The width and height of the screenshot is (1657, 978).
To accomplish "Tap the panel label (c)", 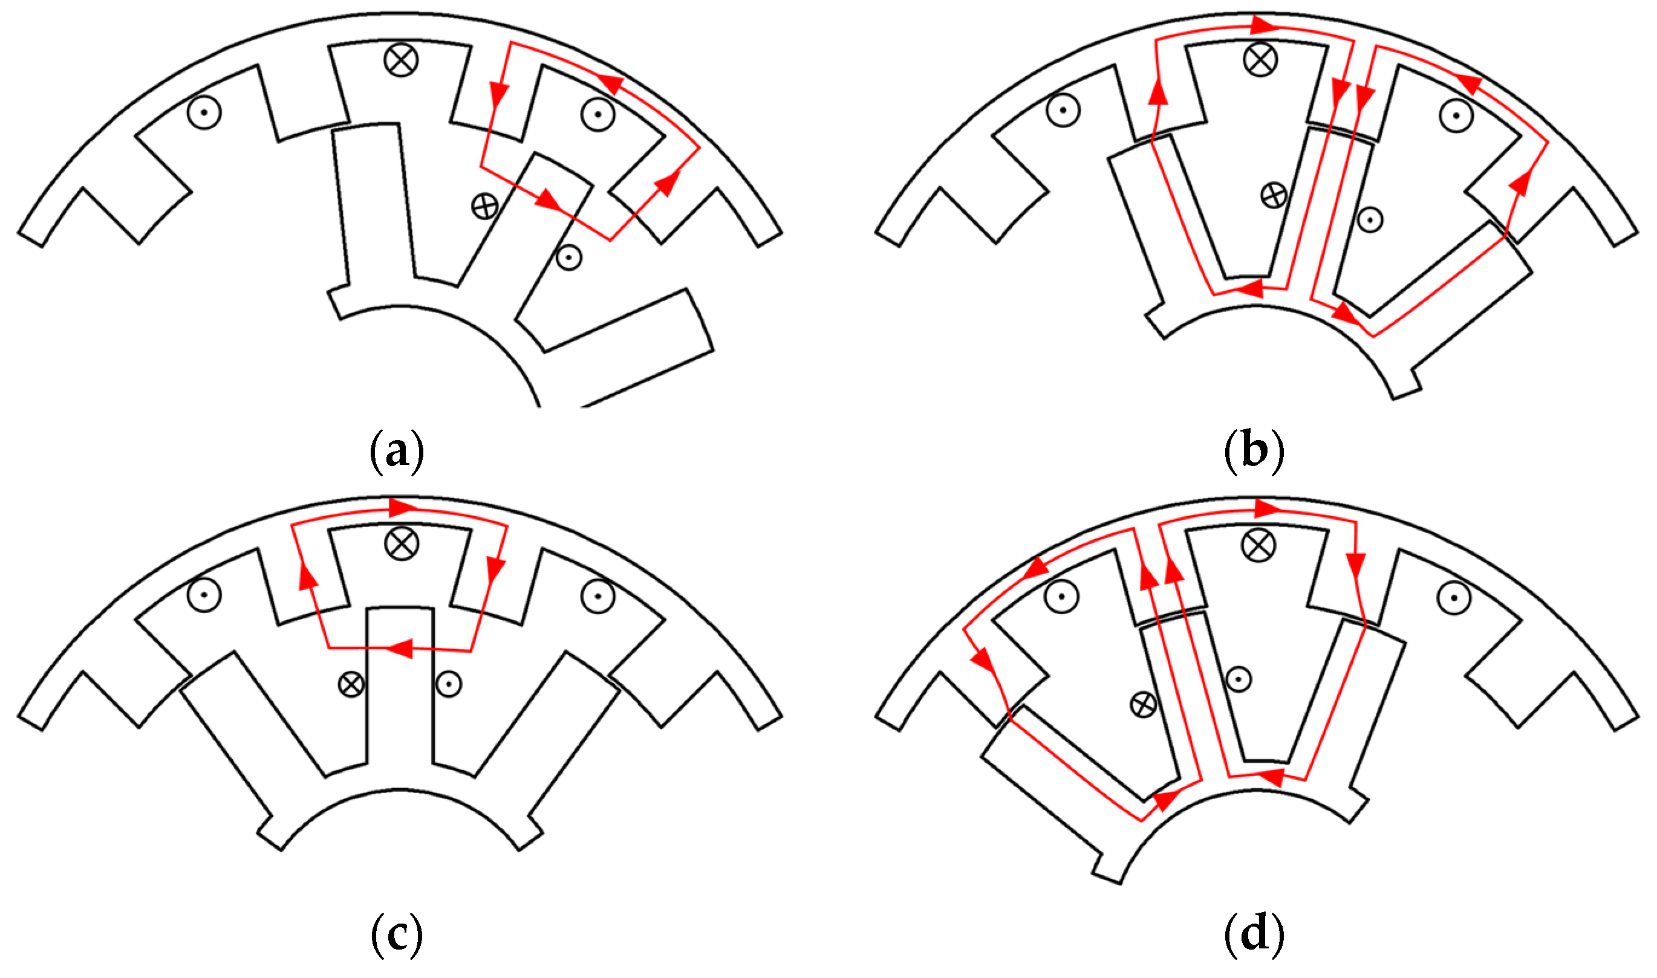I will click(x=396, y=934).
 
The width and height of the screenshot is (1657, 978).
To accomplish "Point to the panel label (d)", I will click(x=1254, y=934).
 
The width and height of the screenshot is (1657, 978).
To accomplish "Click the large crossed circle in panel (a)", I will click(x=401, y=60).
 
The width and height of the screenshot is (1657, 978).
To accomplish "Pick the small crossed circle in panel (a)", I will click(x=485, y=207).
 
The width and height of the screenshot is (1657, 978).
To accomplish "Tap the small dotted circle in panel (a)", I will click(x=569, y=257).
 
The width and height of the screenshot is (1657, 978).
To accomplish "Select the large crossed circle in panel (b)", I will click(x=1260, y=60).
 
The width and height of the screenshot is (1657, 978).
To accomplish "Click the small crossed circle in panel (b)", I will click(x=1273, y=195).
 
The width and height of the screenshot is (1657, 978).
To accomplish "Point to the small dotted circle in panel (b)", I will click(x=1370, y=219).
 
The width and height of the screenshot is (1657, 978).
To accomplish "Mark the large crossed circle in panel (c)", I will click(x=401, y=543).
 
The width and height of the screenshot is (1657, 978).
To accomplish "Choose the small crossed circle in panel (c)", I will click(x=351, y=684).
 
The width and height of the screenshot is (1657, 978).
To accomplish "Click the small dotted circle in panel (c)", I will click(x=449, y=684).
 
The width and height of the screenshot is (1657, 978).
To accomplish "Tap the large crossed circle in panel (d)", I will click(x=1258, y=545).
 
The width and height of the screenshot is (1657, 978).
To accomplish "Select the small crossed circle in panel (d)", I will click(x=1144, y=705).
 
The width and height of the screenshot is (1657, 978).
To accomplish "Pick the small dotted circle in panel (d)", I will click(x=1239, y=679).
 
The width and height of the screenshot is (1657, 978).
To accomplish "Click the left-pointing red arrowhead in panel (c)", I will click(x=399, y=649).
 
